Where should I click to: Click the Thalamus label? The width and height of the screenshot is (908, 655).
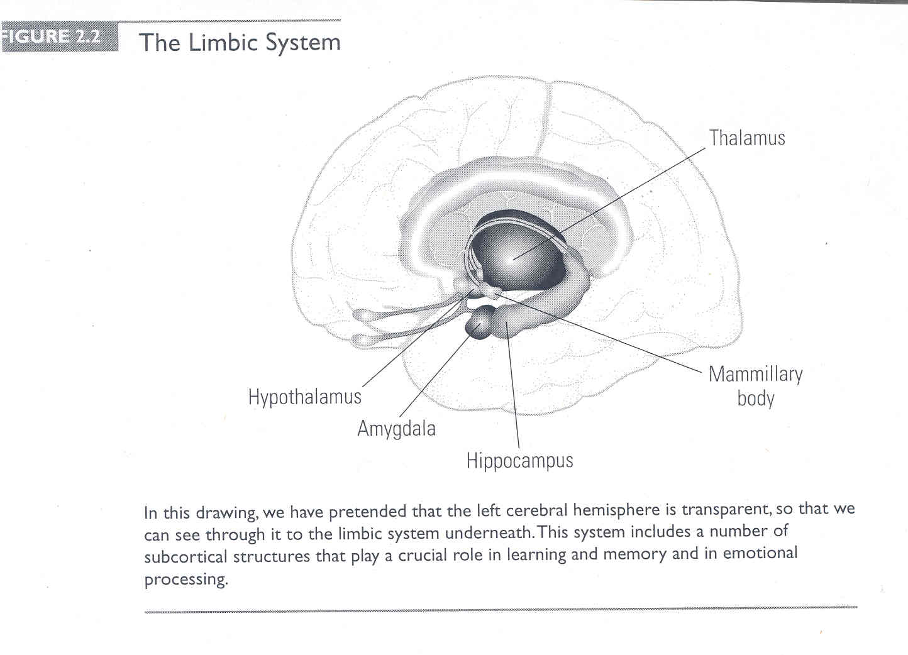[x=746, y=138]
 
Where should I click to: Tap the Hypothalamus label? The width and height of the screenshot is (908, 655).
[x=305, y=397]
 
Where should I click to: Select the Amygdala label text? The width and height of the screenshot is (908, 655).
[x=396, y=429]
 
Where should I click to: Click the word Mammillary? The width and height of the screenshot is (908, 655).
[x=756, y=375]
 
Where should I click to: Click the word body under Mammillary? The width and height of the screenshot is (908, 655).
[x=756, y=398]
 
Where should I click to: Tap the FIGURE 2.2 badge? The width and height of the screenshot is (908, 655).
[x=60, y=37]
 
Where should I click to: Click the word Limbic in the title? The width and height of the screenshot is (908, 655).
[x=223, y=43]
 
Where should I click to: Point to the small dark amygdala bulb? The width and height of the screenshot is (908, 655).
[x=479, y=323]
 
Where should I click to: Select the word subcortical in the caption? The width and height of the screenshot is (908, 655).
[x=185, y=557]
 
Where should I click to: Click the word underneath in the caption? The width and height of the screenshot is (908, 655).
[x=488, y=533]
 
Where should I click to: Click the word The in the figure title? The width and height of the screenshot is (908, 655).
[x=160, y=43]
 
